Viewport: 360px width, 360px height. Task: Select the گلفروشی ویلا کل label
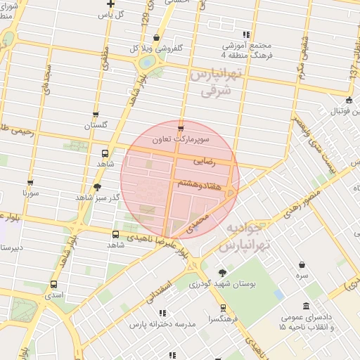[147, 49]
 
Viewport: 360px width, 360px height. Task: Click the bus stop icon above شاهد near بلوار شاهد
[105, 153]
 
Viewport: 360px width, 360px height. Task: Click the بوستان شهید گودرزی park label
[222, 284]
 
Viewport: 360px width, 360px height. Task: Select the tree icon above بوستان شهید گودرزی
[222, 272]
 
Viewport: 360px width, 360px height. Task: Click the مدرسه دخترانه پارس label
[162, 325]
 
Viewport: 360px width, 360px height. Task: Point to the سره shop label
[302, 277]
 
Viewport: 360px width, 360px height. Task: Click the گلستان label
[98, 125]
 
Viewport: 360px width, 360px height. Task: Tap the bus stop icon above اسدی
[53, 284]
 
